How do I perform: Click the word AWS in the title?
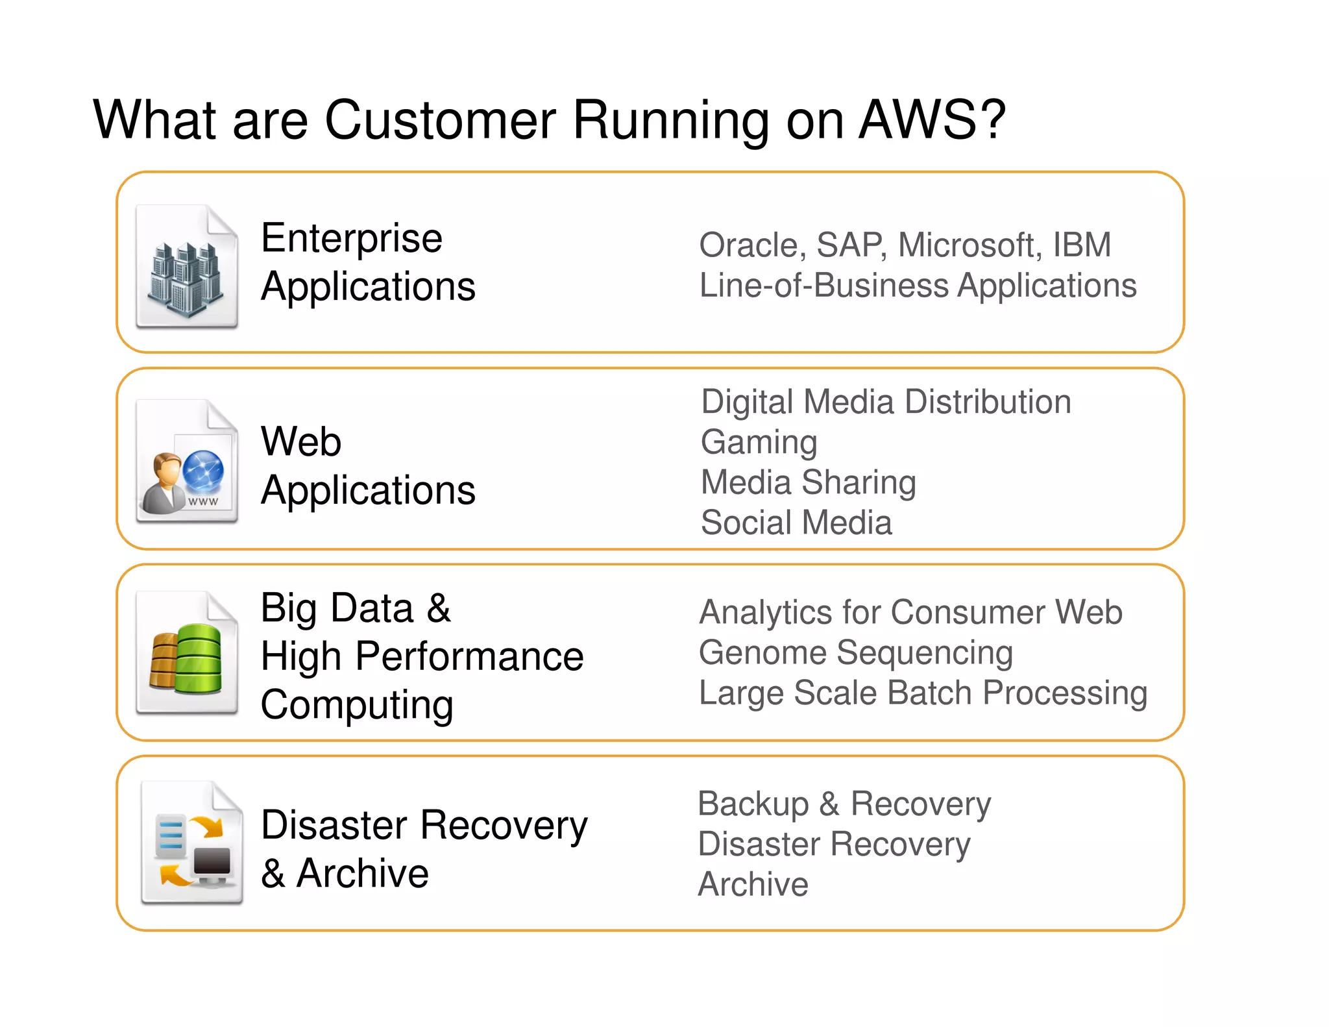pos(920,120)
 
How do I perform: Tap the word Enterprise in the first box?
pos(351,238)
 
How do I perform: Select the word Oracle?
pos(748,245)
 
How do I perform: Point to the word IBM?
pos(1081,245)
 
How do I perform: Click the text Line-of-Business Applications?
pos(918,286)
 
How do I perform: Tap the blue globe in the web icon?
pos(203,472)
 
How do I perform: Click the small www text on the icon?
pos(202,501)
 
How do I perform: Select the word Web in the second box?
pos(300,442)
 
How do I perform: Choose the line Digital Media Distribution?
pos(886,402)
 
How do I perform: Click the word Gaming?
pos(759,443)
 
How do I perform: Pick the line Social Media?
pos(796,523)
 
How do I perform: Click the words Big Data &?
pos(356,608)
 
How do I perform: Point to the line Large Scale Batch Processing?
pos(923,693)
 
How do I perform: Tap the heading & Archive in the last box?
pos(345,873)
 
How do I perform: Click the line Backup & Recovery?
pos(844,804)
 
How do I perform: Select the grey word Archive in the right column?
pos(753,884)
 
